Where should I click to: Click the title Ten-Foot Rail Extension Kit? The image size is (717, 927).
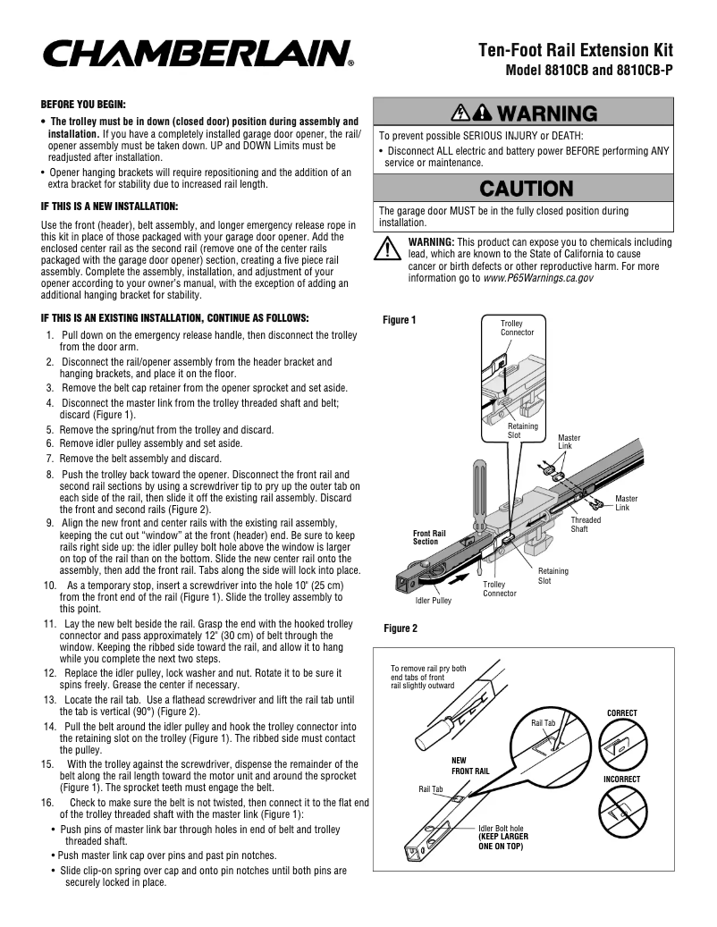(x=575, y=50)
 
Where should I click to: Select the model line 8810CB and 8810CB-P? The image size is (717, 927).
(x=588, y=71)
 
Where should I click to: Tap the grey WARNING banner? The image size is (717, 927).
(x=524, y=113)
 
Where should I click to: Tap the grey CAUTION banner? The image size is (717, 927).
(x=524, y=189)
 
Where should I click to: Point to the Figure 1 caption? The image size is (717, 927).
(x=400, y=319)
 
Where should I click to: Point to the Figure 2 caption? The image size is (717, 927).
(x=400, y=628)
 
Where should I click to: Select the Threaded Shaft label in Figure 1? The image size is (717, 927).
(x=586, y=525)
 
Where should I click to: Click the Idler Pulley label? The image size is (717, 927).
(x=433, y=600)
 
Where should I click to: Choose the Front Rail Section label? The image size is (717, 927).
(x=429, y=537)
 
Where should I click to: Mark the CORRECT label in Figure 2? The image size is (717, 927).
(x=621, y=712)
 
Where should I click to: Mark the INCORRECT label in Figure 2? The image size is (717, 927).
(x=621, y=780)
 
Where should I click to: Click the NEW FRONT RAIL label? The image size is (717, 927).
(x=469, y=765)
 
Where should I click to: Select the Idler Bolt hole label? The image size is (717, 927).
(x=502, y=829)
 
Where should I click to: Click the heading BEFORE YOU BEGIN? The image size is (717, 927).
(x=83, y=103)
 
